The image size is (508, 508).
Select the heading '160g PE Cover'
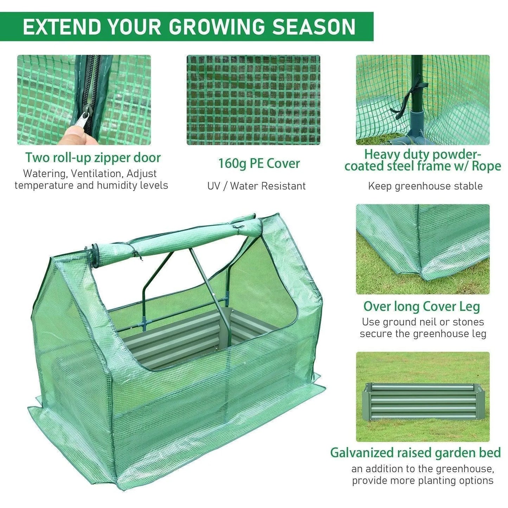259,163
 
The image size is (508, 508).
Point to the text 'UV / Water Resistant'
256,186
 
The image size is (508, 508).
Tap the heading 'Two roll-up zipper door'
93,157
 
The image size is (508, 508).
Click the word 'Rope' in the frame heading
486,166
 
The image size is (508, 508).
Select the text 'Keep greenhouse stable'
425,186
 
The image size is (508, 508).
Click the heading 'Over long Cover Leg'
422,306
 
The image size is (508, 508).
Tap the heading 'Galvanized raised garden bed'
415,452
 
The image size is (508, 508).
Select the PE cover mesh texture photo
253,100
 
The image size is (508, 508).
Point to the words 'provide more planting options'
423,481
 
